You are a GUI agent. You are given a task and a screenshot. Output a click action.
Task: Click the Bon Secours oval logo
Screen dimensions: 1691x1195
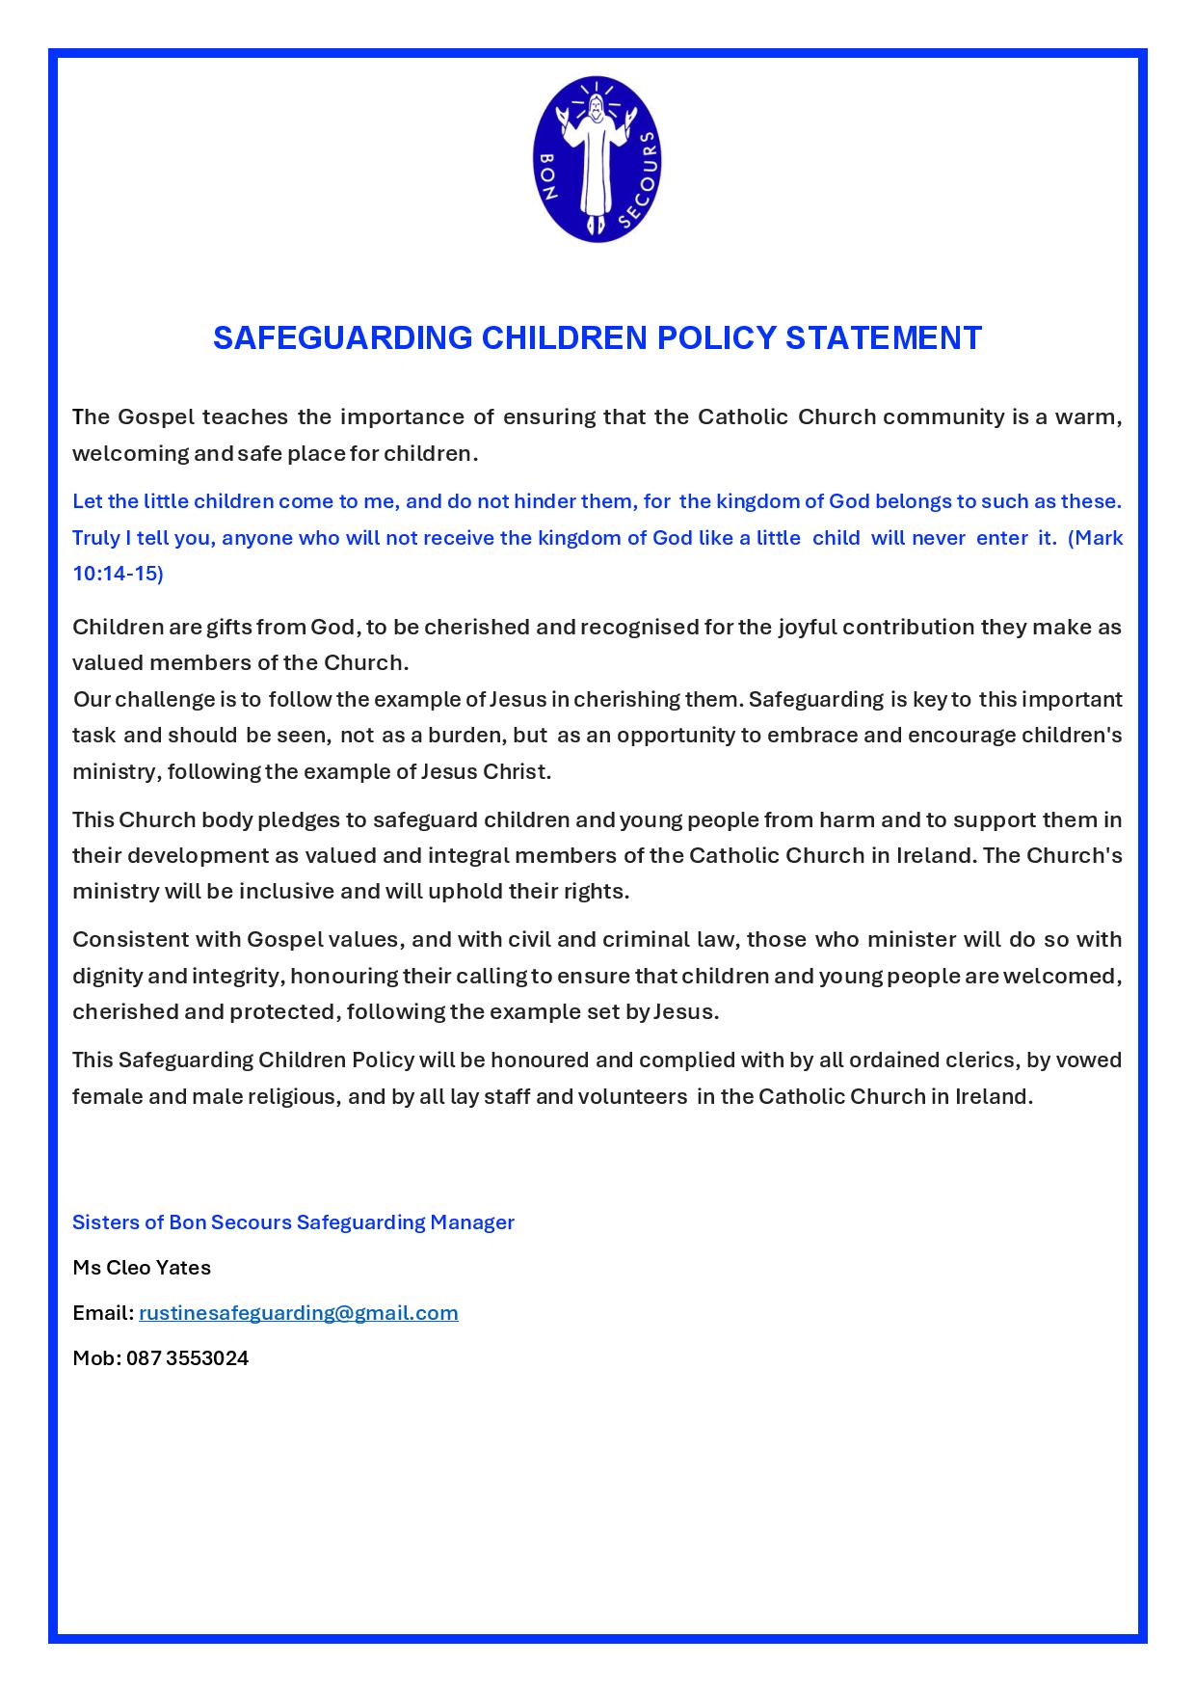[597, 159]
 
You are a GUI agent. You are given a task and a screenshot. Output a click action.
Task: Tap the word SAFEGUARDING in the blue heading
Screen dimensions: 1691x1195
[342, 337]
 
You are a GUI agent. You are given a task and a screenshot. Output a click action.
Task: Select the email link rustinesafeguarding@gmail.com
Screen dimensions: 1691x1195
[299, 1312]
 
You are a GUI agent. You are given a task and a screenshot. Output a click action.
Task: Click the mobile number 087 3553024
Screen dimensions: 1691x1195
[187, 1357]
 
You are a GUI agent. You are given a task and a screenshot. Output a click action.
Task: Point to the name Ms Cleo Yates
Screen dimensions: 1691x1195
[142, 1267]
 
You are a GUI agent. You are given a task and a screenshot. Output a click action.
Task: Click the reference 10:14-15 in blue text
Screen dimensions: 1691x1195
[118, 573]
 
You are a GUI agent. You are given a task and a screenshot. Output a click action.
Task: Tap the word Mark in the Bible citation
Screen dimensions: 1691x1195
[1099, 537]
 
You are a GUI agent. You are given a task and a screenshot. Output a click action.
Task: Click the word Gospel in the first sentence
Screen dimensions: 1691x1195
[156, 416]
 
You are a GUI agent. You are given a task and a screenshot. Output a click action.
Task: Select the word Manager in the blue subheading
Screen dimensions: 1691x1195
[472, 1221]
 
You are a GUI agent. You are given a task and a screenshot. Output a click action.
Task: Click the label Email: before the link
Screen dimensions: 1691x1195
[103, 1312]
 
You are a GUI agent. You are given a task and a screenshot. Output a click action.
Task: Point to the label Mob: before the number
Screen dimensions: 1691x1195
[96, 1357]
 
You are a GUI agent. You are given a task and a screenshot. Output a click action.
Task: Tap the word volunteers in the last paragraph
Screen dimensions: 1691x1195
[632, 1096]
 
